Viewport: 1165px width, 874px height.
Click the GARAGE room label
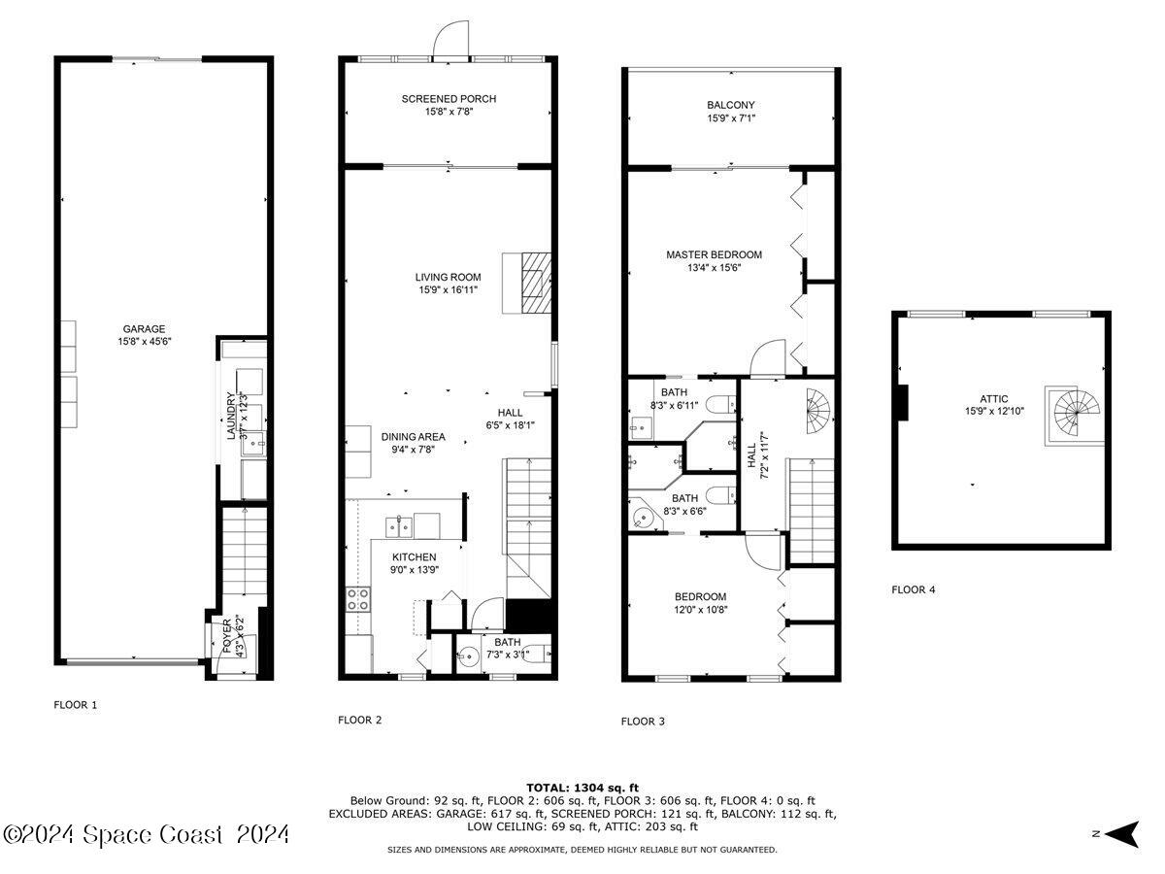pos(143,328)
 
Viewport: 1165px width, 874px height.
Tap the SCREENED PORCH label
pos(449,99)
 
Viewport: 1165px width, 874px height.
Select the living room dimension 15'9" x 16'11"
pos(449,289)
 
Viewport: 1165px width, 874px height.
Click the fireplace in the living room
pos(532,283)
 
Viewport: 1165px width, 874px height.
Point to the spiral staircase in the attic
pos(1075,416)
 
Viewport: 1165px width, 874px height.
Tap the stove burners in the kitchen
pos(357,599)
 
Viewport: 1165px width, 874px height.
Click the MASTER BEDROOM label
pos(714,254)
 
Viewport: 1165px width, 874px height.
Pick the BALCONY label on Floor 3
pos(730,105)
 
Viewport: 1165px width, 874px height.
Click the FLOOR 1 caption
pos(76,705)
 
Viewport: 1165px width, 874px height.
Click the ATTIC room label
pos(994,399)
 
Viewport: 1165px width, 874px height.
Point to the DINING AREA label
pos(413,437)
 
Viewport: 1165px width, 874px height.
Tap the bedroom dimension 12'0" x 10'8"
pos(701,610)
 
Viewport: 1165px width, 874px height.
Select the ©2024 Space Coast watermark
pos(146,833)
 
